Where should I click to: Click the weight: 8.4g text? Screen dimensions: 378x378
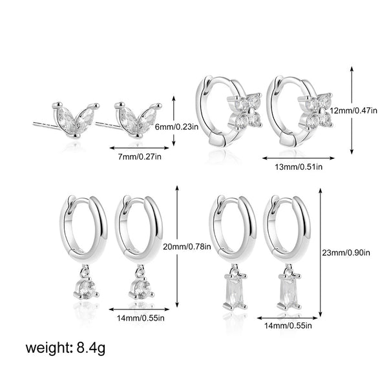tap(65, 349)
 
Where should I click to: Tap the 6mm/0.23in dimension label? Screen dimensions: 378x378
tap(176, 127)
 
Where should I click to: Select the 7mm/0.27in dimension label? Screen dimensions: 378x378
tap(140, 157)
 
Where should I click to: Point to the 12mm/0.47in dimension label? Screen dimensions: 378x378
tap(353, 110)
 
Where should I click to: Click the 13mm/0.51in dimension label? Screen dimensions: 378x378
tap(299, 167)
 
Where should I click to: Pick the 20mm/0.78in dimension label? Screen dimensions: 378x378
tap(187, 247)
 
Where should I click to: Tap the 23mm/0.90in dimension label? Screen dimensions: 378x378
tap(346, 253)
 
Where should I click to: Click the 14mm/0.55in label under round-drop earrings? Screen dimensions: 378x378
tap(141, 318)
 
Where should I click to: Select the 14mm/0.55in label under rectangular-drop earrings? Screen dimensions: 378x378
tap(288, 326)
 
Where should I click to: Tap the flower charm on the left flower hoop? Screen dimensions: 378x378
tap(244, 110)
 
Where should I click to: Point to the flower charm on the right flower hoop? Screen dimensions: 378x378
tap(315, 110)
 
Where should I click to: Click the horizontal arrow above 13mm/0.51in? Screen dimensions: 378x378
tap(299, 158)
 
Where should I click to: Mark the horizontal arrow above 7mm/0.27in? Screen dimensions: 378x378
tap(140, 148)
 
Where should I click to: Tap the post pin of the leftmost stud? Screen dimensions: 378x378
tap(46, 125)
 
